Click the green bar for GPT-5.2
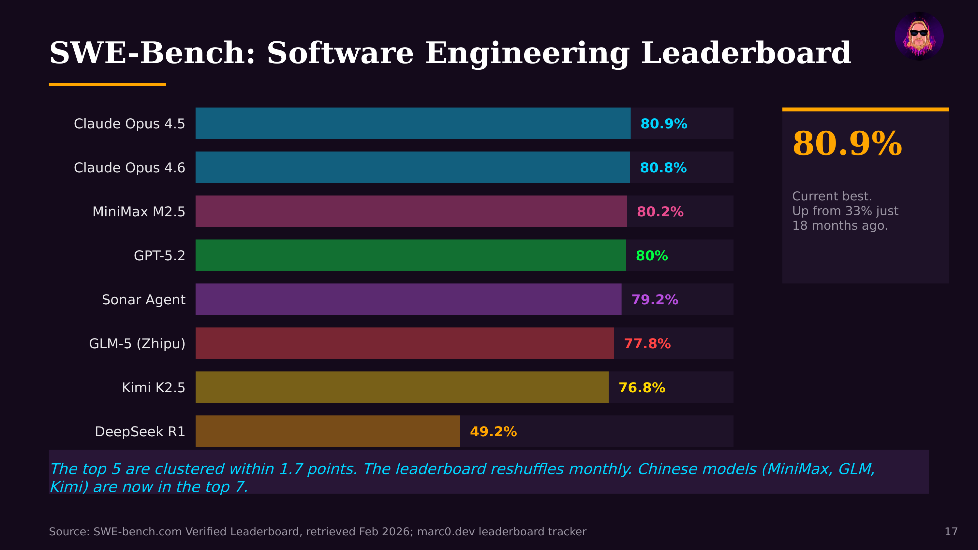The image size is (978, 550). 410,255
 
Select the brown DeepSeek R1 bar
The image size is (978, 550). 327,431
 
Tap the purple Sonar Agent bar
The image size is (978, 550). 408,299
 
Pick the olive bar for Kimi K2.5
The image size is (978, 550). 402,387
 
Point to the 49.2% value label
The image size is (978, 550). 493,432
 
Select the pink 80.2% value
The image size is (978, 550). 660,211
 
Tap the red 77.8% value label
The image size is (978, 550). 647,343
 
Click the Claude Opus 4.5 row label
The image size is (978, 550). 129,124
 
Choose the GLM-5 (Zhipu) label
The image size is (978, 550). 137,343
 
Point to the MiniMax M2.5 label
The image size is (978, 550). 139,211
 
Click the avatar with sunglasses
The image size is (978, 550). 919,36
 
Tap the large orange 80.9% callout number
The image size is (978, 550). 847,143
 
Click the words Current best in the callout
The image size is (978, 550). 831,196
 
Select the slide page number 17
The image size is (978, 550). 951,531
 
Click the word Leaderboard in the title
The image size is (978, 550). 746,53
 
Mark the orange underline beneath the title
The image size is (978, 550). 108,84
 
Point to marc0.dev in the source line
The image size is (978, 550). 446,531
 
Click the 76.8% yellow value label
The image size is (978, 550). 642,387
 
